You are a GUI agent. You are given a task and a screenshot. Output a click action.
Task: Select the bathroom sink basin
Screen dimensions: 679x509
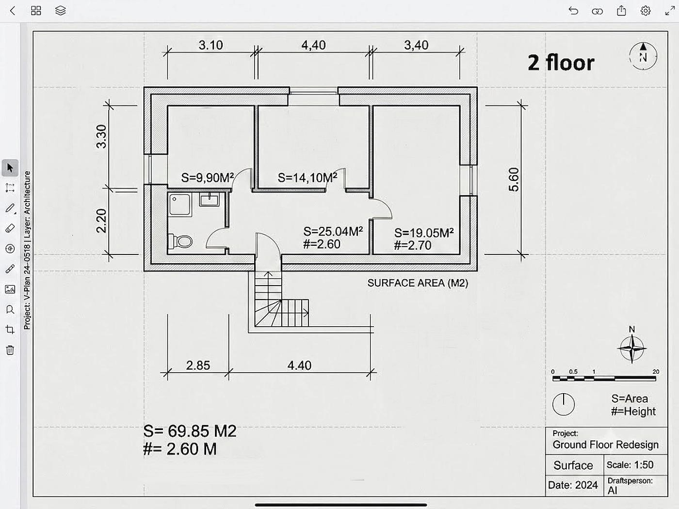[x=210, y=199]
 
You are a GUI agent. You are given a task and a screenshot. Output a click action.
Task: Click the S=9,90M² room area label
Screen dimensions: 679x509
[x=207, y=178]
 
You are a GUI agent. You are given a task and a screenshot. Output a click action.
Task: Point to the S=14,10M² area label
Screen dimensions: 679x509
[x=307, y=178]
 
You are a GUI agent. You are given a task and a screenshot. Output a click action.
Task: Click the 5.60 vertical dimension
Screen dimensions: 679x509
[x=514, y=179]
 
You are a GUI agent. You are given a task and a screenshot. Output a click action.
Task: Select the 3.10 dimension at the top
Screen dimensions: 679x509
[x=210, y=46]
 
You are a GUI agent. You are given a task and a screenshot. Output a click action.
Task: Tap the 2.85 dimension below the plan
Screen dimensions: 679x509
[x=198, y=366]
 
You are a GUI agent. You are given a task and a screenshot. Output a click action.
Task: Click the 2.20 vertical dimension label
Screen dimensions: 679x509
[x=101, y=221]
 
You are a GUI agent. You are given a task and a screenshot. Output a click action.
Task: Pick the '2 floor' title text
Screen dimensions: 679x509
[x=561, y=63]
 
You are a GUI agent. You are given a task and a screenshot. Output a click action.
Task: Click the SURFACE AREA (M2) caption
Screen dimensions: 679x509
[x=418, y=283]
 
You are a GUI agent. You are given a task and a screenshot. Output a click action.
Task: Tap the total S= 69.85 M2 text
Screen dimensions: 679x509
[x=190, y=431]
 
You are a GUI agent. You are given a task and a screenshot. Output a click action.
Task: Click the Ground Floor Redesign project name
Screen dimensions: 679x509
[x=605, y=445]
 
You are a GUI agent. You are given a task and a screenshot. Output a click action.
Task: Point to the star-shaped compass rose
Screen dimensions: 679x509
[x=632, y=349]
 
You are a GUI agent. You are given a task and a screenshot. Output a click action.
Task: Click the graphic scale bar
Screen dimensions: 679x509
[x=604, y=378]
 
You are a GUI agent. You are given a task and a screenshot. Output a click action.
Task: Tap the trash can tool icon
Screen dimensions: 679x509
[x=10, y=350]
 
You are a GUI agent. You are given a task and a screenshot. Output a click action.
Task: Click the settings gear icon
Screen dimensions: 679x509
[x=645, y=11]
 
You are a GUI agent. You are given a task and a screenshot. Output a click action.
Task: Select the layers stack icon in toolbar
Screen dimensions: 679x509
[x=60, y=11]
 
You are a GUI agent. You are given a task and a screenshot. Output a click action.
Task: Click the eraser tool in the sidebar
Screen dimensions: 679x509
[x=10, y=228]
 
